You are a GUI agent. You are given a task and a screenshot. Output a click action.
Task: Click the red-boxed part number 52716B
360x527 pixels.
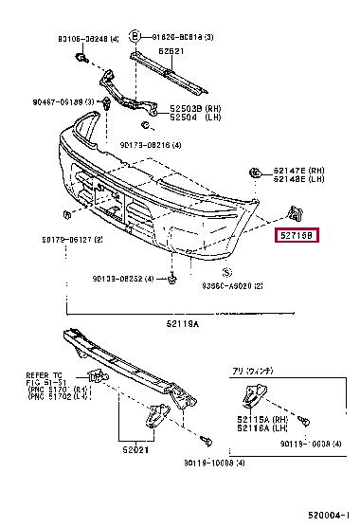(297, 235)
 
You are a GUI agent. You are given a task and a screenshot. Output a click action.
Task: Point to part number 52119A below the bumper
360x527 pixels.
(179, 322)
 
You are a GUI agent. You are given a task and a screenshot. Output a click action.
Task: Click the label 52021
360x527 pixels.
(135, 450)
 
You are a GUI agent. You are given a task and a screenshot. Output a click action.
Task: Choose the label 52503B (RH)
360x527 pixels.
(195, 109)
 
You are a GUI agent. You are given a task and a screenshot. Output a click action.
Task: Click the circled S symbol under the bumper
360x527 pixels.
(200, 270)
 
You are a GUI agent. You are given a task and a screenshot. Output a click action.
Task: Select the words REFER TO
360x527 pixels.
(44, 375)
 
